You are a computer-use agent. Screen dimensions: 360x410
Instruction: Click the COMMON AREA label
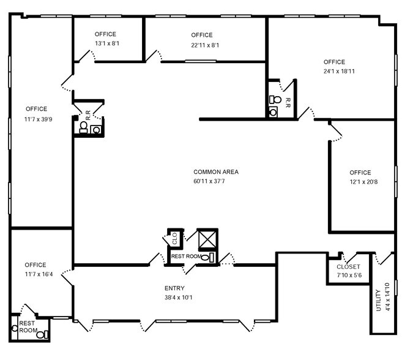point(215,172)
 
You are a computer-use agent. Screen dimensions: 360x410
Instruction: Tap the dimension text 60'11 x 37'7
point(215,182)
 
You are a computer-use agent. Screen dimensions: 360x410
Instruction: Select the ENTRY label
point(174,288)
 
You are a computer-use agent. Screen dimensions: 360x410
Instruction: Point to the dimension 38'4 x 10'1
point(174,298)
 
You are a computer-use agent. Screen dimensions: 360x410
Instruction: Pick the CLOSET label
point(348,267)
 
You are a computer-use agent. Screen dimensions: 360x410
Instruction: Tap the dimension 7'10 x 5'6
point(348,276)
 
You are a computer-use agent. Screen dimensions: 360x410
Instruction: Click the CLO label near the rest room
point(174,238)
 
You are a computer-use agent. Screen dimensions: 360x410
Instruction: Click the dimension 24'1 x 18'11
point(334,72)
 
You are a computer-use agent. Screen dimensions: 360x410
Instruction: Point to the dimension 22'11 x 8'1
point(201,45)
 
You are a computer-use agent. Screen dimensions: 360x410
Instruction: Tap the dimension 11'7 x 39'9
point(36,119)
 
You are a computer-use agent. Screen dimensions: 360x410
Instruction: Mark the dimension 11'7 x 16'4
point(36,274)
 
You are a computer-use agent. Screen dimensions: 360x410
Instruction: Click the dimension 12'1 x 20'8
point(360,182)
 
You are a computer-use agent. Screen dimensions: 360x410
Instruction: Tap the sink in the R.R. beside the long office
point(95,129)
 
